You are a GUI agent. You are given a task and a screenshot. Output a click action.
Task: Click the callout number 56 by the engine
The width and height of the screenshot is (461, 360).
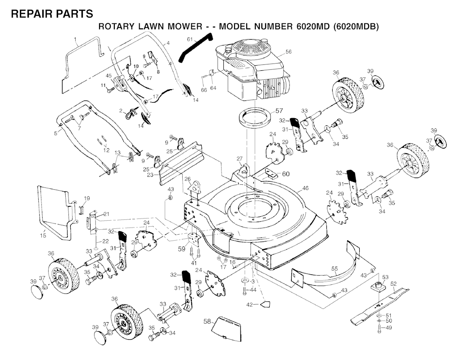289,52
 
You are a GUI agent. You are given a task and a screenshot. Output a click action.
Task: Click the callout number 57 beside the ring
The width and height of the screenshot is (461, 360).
279,110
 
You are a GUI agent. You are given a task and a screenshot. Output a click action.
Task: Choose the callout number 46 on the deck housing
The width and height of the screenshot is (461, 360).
306,187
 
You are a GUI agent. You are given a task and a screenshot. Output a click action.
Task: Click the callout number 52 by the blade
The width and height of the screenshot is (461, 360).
393,284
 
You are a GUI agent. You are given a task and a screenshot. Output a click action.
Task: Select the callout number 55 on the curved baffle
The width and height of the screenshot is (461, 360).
334,269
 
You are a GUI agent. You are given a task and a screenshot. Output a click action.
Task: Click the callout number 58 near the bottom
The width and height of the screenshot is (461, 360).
207,321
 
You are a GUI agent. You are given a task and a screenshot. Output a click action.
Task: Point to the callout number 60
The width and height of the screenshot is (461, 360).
286,174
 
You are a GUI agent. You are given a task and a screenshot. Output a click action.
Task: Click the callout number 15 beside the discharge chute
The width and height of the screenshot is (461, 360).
43,234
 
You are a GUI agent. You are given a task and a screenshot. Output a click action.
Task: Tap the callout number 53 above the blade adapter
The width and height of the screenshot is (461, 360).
385,277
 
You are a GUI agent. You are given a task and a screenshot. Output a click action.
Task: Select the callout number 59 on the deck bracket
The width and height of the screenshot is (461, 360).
182,247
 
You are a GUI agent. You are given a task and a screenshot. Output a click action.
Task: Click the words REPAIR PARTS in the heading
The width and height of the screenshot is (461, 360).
52,14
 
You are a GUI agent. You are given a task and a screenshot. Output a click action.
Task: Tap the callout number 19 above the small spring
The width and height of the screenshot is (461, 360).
87,198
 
